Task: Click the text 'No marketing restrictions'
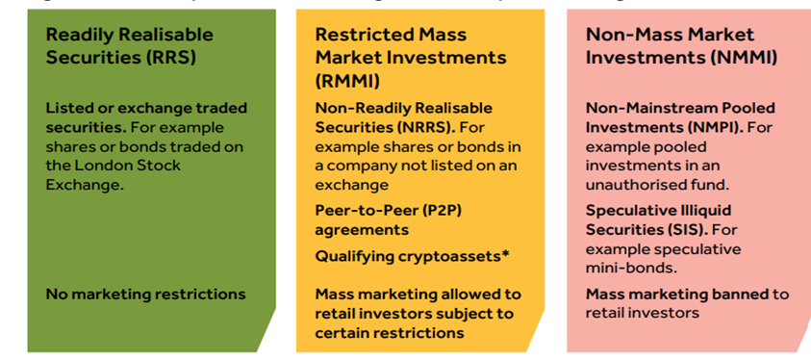tap(145, 294)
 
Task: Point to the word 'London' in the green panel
tap(103, 165)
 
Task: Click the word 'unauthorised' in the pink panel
tap(636, 184)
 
